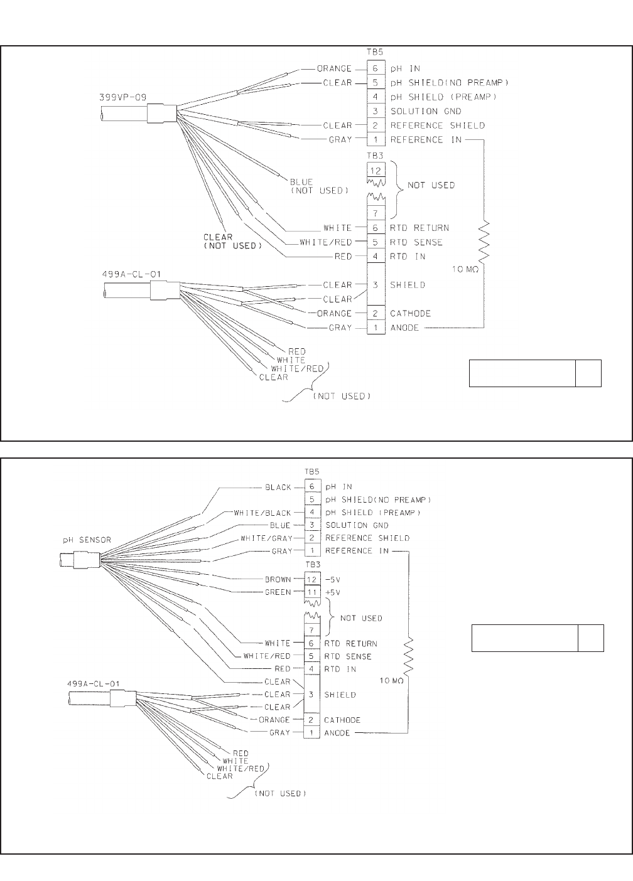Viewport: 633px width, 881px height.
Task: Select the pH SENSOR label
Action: pyautogui.click(x=87, y=540)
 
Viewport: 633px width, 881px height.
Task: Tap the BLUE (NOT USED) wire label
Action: pyautogui.click(x=319, y=186)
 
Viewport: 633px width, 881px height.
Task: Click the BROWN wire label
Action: pyautogui.click(x=278, y=579)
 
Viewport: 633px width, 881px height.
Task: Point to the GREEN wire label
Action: pyautogui.click(x=278, y=592)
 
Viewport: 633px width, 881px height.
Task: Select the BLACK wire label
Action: pyautogui.click(x=278, y=487)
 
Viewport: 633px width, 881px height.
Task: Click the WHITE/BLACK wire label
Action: pyautogui.click(x=262, y=513)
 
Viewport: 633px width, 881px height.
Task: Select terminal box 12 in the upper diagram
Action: pyautogui.click(x=376, y=170)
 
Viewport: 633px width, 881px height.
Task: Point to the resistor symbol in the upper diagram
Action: pyautogui.click(x=484, y=242)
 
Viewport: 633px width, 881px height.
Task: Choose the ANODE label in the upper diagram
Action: pyautogui.click(x=404, y=328)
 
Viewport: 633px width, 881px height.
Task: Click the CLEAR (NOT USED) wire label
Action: pyautogui.click(x=230, y=242)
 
